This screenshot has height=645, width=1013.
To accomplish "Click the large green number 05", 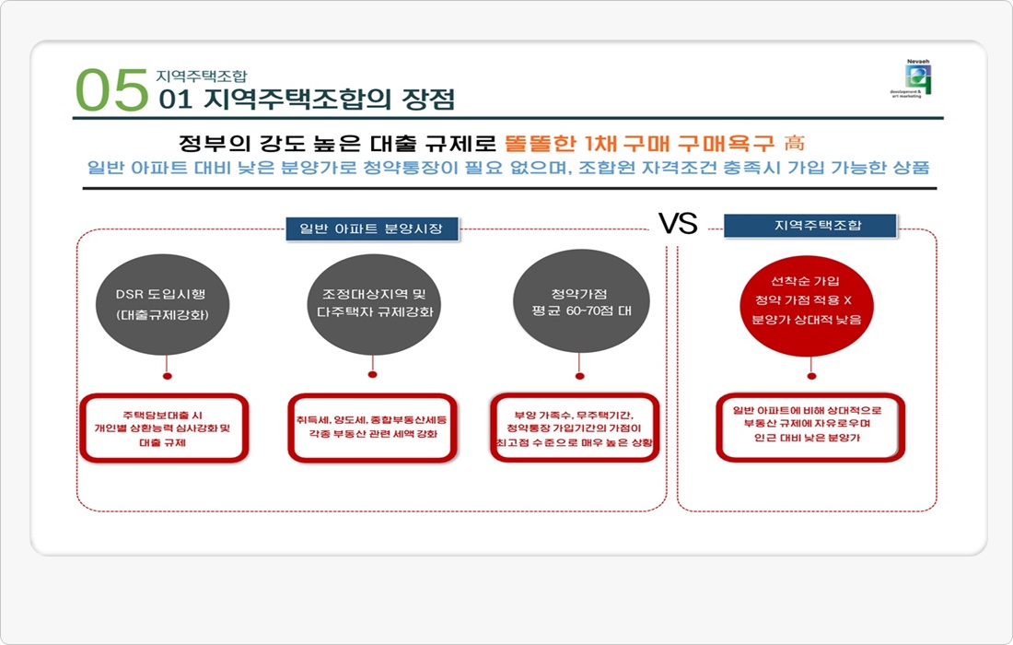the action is tap(111, 90).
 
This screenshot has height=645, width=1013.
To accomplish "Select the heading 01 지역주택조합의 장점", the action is tap(307, 99).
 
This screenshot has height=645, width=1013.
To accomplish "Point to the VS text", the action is tap(678, 223).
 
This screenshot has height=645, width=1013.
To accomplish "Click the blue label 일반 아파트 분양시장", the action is tap(372, 229).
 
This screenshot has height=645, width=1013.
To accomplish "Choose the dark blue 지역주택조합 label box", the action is tap(810, 225).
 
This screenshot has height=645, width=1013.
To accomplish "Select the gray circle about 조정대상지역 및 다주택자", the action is tap(372, 302).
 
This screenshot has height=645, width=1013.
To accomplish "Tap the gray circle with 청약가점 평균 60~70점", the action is tap(578, 300).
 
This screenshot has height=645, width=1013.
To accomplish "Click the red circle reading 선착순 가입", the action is tap(809, 300).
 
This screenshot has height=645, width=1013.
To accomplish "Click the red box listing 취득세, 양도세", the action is tap(372, 428).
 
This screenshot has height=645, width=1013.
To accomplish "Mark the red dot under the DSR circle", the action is tap(167, 376).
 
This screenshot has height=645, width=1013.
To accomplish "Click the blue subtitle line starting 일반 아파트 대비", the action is tap(508, 169).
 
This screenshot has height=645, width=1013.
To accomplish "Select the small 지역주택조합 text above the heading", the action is tap(202, 76).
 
